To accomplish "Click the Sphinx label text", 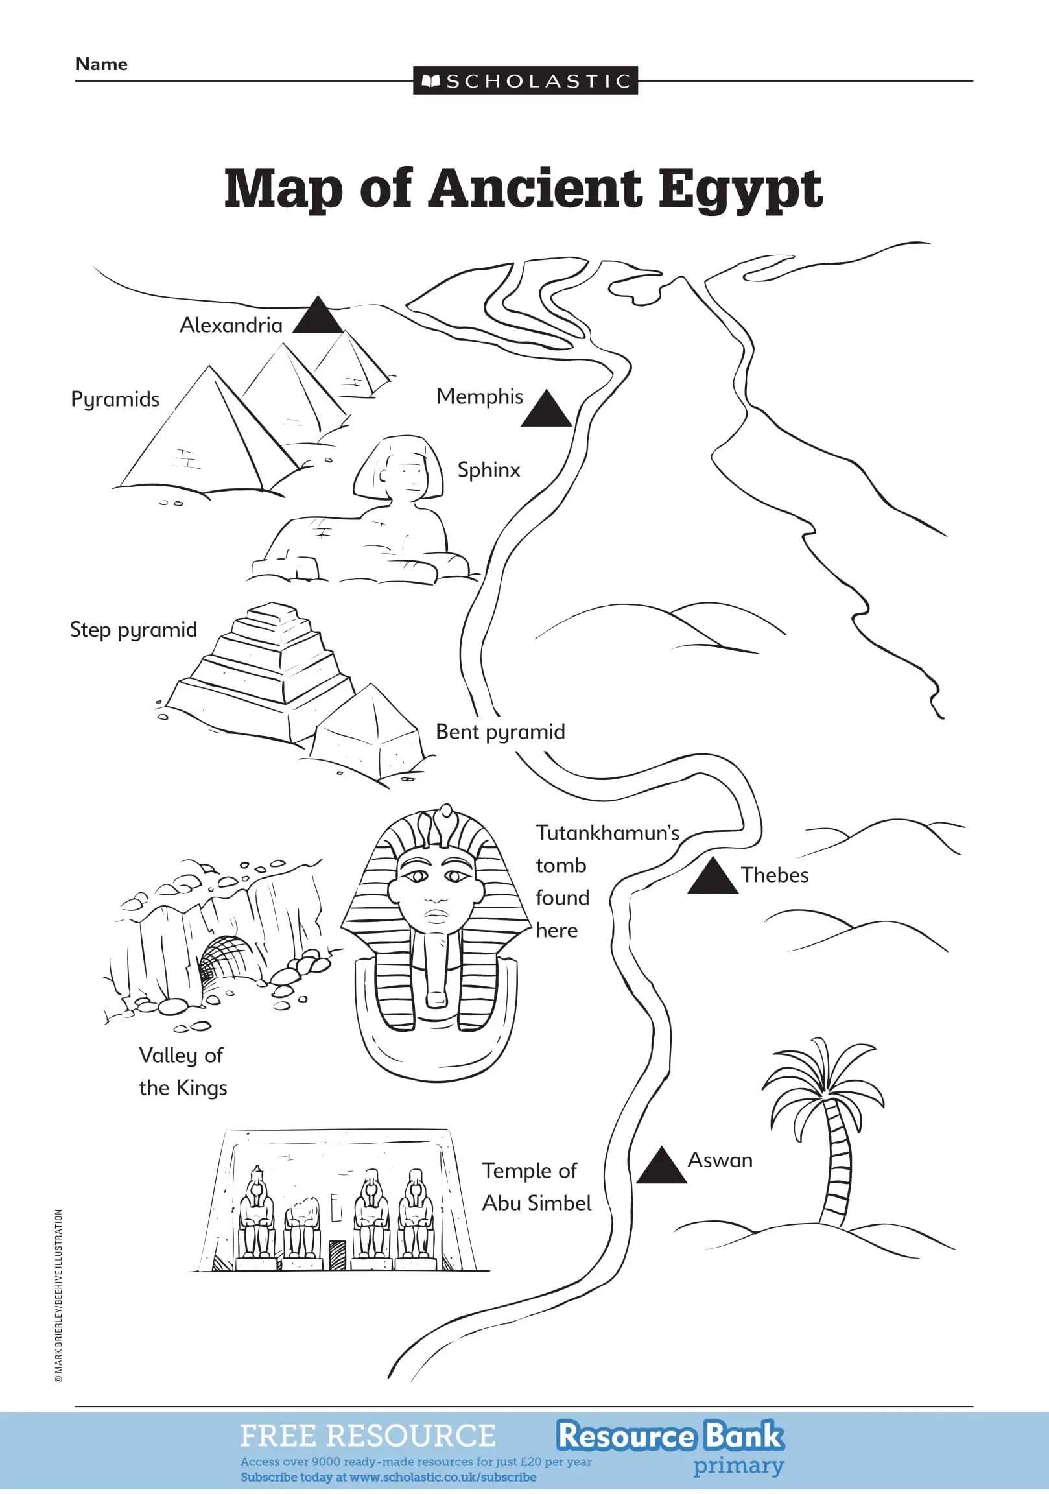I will (488, 470).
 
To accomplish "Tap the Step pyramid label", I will (134, 630).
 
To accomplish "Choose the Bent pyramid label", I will (500, 732).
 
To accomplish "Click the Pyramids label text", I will (115, 399).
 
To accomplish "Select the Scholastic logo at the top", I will (525, 80).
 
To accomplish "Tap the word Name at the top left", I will (101, 64).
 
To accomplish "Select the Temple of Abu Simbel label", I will (536, 1187).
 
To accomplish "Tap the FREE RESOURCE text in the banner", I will (368, 1436).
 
